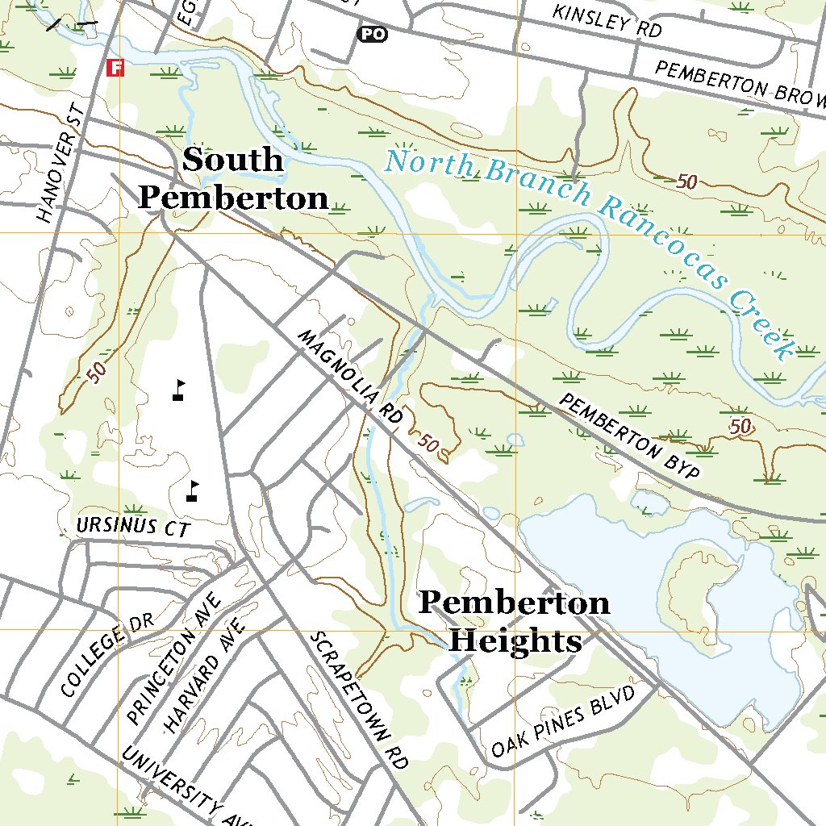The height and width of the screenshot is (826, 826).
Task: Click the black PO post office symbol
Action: tap(372, 34)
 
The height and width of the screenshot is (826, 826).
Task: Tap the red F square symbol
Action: tap(116, 68)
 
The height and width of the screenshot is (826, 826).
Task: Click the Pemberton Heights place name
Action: tap(514, 621)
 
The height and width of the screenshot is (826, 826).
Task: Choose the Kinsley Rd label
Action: tap(607, 23)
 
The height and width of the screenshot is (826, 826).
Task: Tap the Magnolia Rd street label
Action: tap(349, 378)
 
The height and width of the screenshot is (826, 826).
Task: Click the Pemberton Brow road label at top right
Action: tap(741, 85)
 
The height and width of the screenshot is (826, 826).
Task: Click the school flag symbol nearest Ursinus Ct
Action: tap(192, 490)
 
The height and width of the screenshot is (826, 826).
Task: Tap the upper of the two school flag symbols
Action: tap(179, 390)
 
